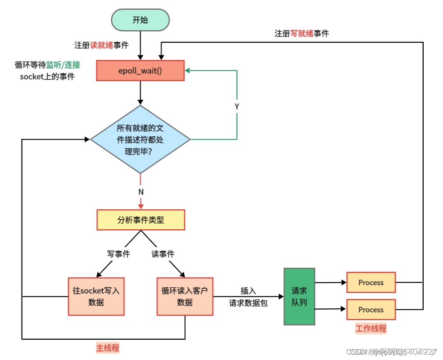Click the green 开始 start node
click(140, 20)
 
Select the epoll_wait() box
click(140, 71)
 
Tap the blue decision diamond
click(140, 140)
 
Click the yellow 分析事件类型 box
click(140, 220)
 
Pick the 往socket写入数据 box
click(96, 296)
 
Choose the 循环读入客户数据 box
click(185, 296)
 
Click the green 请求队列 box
click(299, 296)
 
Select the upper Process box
click(371, 282)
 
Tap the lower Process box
click(371, 310)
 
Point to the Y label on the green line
click(237, 106)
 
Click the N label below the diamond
click(140, 192)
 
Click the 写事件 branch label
click(118, 254)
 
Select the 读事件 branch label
click(163, 254)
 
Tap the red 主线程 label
click(108, 348)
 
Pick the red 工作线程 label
click(371, 328)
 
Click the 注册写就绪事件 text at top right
click(302, 34)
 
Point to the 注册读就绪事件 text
click(101, 45)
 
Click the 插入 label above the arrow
click(248, 291)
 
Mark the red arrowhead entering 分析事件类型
click(140, 206)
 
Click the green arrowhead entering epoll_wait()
click(188, 71)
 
